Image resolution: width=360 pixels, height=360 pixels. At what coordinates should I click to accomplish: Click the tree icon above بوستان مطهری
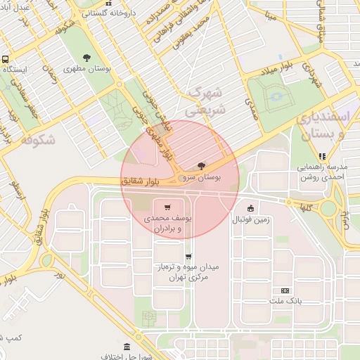[87, 58]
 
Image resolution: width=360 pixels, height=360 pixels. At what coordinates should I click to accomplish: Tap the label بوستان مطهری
[87, 70]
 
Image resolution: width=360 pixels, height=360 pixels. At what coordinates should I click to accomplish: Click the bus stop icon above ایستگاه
[6, 60]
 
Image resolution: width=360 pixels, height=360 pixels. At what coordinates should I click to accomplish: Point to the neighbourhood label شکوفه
[38, 139]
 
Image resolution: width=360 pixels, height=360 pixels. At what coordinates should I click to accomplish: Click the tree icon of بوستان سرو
[202, 167]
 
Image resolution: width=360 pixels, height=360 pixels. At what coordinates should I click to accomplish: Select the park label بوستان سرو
[202, 179]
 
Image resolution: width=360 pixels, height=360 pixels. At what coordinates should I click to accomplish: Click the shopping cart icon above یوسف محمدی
[167, 207]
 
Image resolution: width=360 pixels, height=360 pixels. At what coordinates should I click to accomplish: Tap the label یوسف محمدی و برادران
[165, 224]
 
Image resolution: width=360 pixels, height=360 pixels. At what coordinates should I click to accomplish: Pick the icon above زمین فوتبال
[250, 207]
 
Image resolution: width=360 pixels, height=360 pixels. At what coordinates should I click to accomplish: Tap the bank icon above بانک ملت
[285, 290]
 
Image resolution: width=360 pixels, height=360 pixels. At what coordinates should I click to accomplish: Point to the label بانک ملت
[285, 301]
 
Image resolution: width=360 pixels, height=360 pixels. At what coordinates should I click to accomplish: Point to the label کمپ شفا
[12, 338]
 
